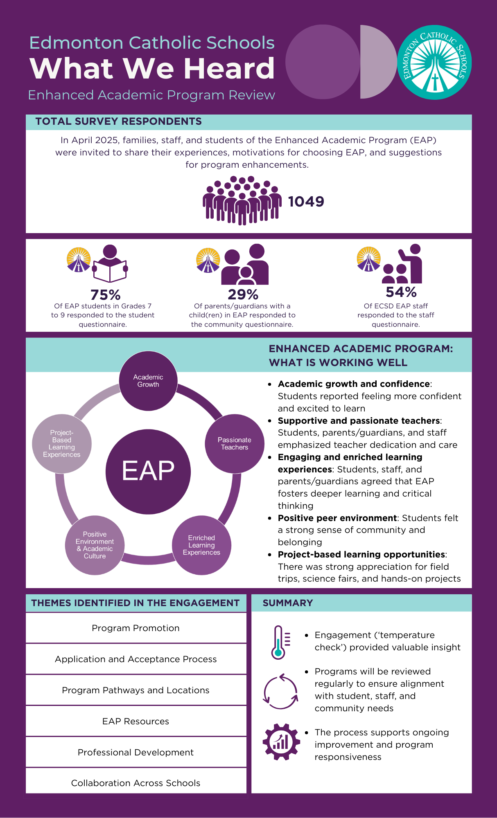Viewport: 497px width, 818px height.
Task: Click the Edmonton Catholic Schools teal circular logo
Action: pyautogui.click(x=434, y=62)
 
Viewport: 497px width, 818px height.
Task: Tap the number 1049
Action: pyautogui.click(x=306, y=201)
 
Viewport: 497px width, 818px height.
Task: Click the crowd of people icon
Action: pyautogui.click(x=242, y=200)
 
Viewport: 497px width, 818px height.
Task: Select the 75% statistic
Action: pyautogui.click(x=105, y=294)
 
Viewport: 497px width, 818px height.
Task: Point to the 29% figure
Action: pyautogui.click(x=243, y=294)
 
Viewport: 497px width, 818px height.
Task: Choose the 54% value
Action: pyautogui.click(x=401, y=292)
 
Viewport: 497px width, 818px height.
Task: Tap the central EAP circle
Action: pyautogui.click(x=148, y=471)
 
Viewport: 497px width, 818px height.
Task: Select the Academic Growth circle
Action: pyautogui.click(x=148, y=381)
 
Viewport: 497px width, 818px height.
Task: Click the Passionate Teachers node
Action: pyautogui.click(x=234, y=444)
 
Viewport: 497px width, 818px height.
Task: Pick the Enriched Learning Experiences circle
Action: pyautogui.click(x=201, y=545)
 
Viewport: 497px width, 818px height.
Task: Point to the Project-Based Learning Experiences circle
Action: pyautogui.click(x=62, y=444)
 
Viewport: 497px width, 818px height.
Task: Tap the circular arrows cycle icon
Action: pyautogui.click(x=280, y=691)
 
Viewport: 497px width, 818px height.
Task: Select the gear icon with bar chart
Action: pyautogui.click(x=281, y=742)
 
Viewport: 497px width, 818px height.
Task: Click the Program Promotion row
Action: pyautogui.click(x=136, y=628)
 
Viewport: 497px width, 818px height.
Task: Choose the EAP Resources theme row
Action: pyautogui.click(x=136, y=721)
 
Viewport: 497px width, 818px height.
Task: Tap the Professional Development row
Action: pyautogui.click(x=136, y=752)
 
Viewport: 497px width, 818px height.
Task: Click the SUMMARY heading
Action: pyautogui.click(x=288, y=603)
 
